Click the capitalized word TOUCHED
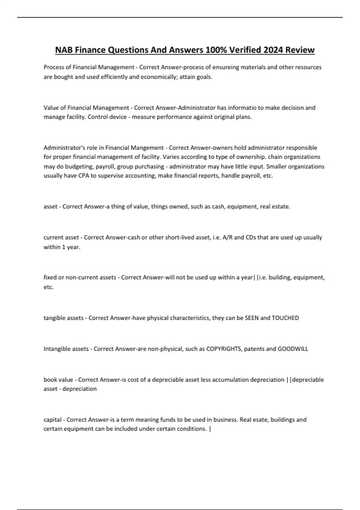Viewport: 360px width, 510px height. (x=285, y=318)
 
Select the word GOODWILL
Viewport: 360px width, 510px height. (x=293, y=349)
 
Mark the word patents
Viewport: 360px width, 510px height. (x=254, y=349)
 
